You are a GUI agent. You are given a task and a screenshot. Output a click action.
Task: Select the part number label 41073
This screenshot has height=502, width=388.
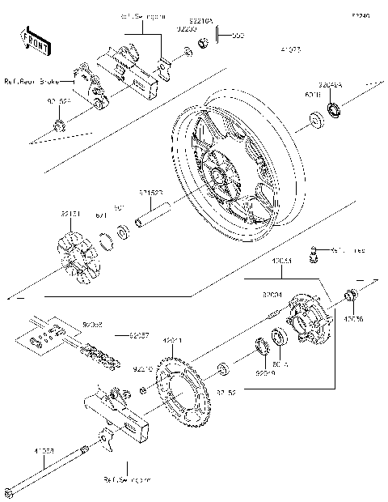coord(289,50)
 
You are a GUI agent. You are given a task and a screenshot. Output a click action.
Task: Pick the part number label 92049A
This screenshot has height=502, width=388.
coord(331,83)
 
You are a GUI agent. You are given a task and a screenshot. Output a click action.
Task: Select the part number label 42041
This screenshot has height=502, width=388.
coord(173,341)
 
